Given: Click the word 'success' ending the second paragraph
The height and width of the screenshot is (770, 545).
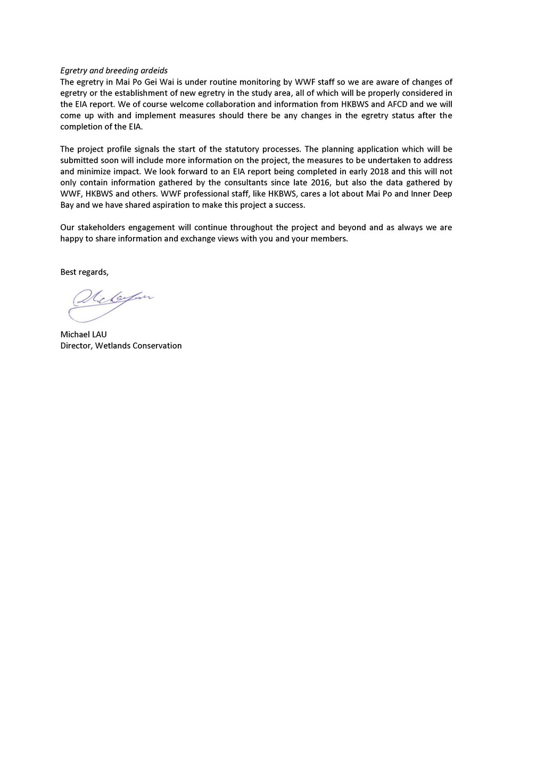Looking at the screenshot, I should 291,205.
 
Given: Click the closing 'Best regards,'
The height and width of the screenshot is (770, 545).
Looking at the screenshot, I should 84,272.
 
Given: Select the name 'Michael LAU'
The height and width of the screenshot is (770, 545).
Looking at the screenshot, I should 84,334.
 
